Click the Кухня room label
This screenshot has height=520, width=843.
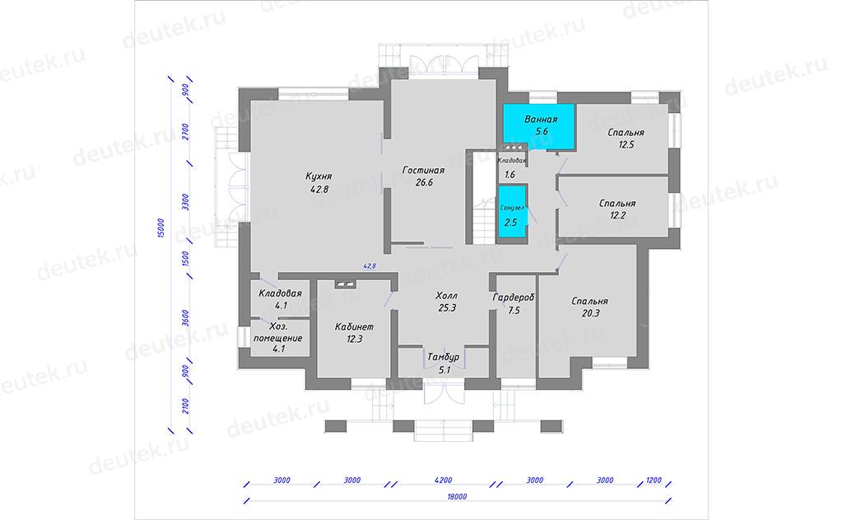(x=319, y=176)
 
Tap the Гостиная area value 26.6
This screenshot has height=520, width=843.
(x=424, y=182)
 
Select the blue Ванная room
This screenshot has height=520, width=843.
(x=538, y=127)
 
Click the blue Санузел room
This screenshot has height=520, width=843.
(x=512, y=212)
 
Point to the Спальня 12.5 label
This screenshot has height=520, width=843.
(x=626, y=138)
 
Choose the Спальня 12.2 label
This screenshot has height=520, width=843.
(x=617, y=209)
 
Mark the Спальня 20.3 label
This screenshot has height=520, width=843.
(x=589, y=307)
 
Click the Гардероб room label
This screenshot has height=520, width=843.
(x=514, y=297)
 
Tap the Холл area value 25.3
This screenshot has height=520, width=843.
(x=447, y=308)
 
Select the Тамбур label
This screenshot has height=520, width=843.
(x=444, y=358)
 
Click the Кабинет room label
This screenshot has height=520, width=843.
(x=354, y=326)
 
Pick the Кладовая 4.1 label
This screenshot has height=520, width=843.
(x=280, y=299)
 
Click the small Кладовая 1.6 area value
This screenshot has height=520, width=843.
(x=510, y=175)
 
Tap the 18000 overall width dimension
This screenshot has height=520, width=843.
(x=457, y=497)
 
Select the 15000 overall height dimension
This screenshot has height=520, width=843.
(x=161, y=228)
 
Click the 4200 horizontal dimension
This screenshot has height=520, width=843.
(x=444, y=480)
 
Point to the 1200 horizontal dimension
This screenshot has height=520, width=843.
(x=654, y=480)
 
